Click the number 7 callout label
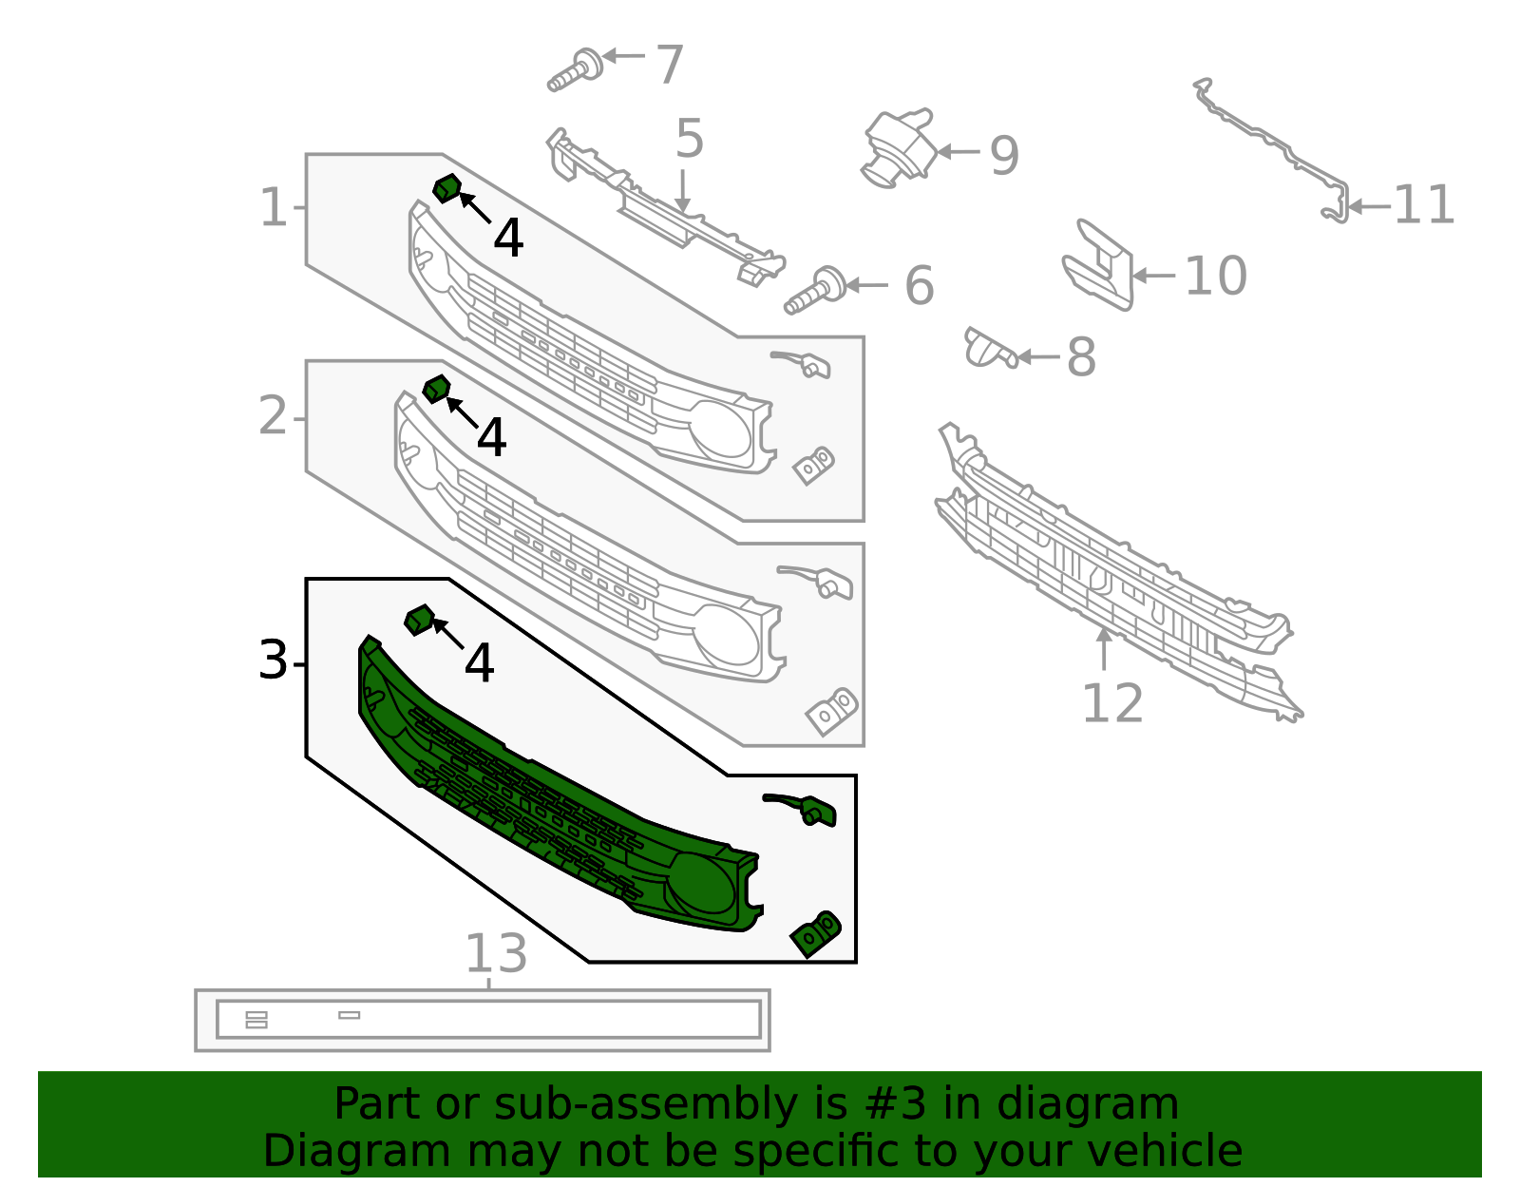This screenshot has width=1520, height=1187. (x=670, y=65)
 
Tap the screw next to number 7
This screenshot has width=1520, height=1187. (x=576, y=71)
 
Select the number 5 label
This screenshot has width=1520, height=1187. (x=690, y=139)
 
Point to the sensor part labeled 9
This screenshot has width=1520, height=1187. (x=899, y=148)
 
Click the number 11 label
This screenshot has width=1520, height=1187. (x=1424, y=205)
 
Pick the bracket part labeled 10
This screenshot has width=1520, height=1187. (x=1099, y=265)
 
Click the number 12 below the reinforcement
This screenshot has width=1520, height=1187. (x=1112, y=704)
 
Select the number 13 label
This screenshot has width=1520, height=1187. (x=495, y=953)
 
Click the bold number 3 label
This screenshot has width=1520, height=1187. (x=273, y=661)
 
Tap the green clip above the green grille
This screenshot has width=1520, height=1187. (x=419, y=621)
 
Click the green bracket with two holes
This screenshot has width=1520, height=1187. (x=815, y=933)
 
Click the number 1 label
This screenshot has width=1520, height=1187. (x=273, y=207)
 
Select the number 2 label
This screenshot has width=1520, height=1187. (x=273, y=416)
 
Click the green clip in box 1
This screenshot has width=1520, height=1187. (x=446, y=188)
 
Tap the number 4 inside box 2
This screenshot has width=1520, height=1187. (x=491, y=438)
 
